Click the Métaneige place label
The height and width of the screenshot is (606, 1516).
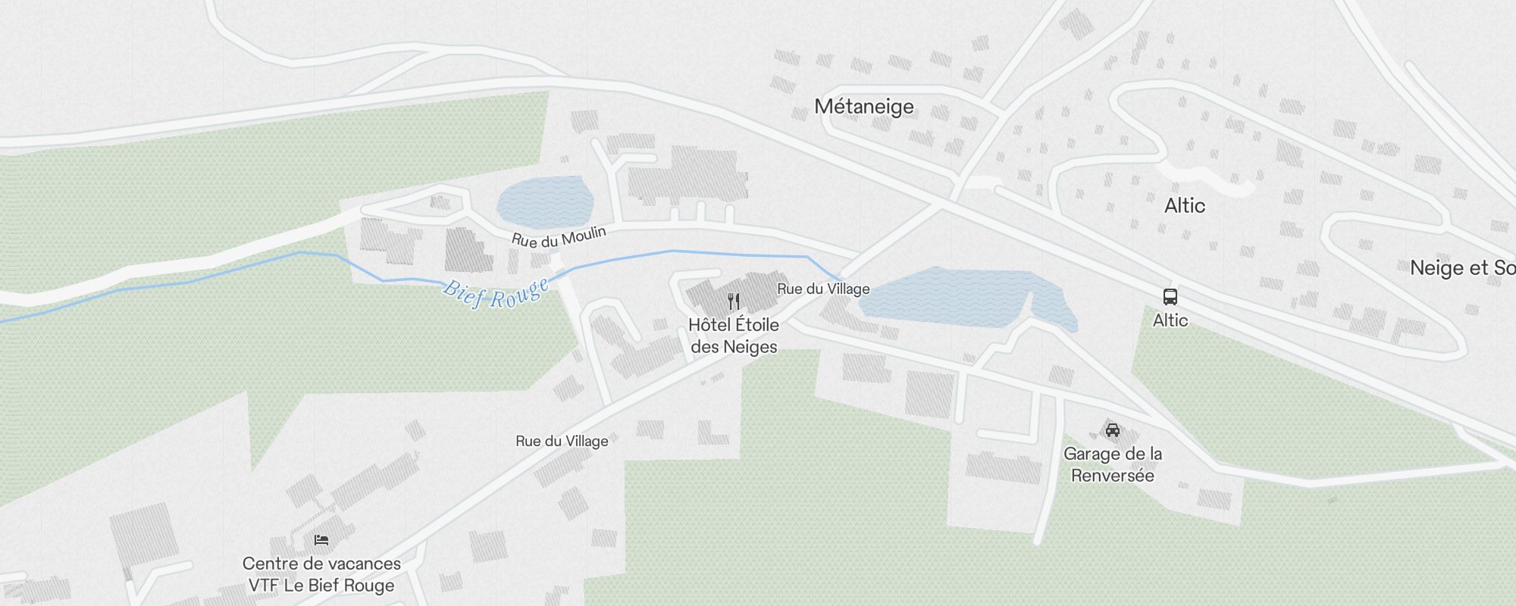(x=864, y=107)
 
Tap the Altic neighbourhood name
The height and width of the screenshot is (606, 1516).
(x=1184, y=206)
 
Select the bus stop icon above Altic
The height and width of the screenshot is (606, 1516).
(x=1170, y=297)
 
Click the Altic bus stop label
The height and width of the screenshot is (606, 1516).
(x=1170, y=320)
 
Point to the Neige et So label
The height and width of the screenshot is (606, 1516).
(x=1461, y=268)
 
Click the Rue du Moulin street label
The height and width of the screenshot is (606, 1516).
(x=559, y=237)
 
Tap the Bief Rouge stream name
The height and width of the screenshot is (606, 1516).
(x=496, y=295)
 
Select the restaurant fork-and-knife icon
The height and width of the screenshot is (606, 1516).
(x=733, y=302)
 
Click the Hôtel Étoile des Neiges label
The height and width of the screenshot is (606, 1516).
(x=734, y=336)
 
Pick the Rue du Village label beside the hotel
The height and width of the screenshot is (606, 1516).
(x=823, y=289)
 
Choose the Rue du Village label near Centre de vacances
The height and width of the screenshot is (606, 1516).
(x=562, y=441)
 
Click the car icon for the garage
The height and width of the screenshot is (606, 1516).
(x=1112, y=430)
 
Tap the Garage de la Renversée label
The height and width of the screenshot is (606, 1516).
(x=1112, y=464)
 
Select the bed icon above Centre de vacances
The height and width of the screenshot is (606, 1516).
(x=321, y=540)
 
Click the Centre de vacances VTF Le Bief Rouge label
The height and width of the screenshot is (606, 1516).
(x=321, y=574)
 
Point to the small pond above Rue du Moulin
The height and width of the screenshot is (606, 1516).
(x=544, y=201)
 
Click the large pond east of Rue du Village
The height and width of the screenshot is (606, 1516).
(x=955, y=298)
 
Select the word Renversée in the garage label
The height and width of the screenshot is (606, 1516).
(x=1112, y=476)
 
